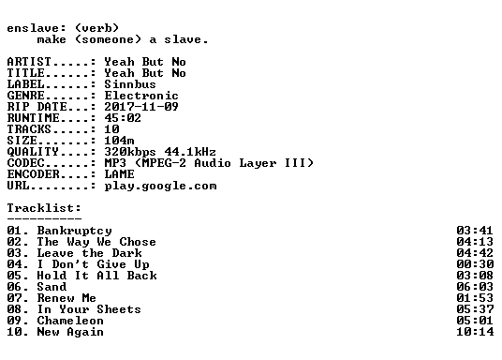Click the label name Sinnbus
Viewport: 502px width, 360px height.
pyautogui.click(x=130, y=84)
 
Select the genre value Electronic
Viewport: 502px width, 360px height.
pyautogui.click(x=141, y=96)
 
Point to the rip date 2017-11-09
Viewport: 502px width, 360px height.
pyautogui.click(x=141, y=107)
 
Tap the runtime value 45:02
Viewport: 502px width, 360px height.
pyautogui.click(x=123, y=118)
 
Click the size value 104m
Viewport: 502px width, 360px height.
pyautogui.click(x=119, y=141)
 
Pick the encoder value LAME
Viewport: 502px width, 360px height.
pyautogui.click(x=119, y=174)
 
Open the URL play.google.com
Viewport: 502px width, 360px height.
pyautogui.click(x=160, y=186)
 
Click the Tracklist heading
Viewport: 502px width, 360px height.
pyautogui.click(x=44, y=208)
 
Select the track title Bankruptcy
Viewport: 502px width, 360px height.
pyautogui.click(x=75, y=231)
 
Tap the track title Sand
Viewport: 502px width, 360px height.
pyautogui.click(x=52, y=287)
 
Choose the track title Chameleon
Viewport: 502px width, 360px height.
pyautogui.click(x=70, y=321)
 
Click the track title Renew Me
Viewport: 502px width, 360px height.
pyautogui.click(x=66, y=298)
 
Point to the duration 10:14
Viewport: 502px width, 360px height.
pyautogui.click(x=475, y=332)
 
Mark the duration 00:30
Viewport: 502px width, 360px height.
pyautogui.click(x=475, y=264)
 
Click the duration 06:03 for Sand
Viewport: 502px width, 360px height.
pyautogui.click(x=475, y=287)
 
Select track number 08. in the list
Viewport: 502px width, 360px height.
pyautogui.click(x=18, y=309)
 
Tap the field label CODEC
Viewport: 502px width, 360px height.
pyautogui.click(x=25, y=163)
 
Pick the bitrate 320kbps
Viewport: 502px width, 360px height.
pyautogui.click(x=130, y=152)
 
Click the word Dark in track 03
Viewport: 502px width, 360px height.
pyautogui.click(x=126, y=253)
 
